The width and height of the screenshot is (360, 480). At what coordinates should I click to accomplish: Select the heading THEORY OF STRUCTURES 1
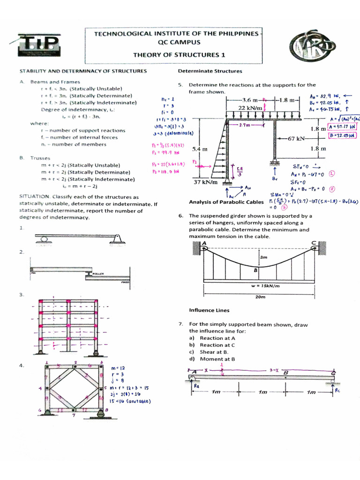(x=179, y=54)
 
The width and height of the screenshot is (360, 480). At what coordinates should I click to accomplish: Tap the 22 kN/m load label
(x=250, y=108)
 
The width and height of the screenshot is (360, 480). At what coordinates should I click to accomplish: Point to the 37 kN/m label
(x=204, y=182)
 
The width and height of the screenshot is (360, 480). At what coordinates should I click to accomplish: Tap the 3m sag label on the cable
(x=263, y=257)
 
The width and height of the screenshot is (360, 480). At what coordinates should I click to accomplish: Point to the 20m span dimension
(x=260, y=297)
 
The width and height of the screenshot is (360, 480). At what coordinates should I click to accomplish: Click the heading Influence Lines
(x=209, y=310)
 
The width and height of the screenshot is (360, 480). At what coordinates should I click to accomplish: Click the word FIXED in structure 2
(x=125, y=282)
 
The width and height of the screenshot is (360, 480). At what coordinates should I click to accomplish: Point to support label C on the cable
(x=314, y=242)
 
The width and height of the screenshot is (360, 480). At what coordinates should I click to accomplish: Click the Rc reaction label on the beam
(x=337, y=390)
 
